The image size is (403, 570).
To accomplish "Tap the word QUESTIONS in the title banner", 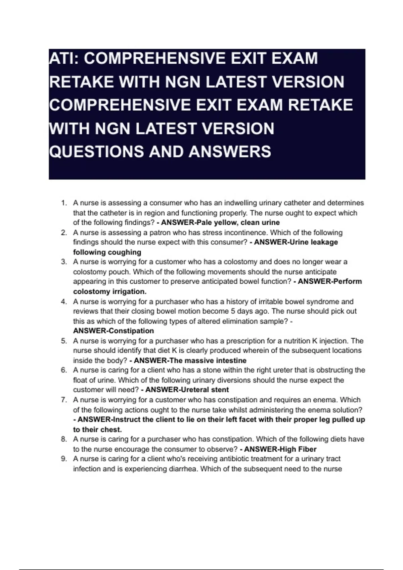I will (x=96, y=152).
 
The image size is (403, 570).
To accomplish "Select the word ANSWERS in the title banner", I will (x=230, y=152).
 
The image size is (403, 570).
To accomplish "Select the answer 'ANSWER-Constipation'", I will (x=114, y=331).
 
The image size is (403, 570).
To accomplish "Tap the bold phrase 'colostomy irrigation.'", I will (x=110, y=291).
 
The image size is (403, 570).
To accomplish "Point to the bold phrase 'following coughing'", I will (x=107, y=252).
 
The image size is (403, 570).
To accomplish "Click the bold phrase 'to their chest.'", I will (x=97, y=430).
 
